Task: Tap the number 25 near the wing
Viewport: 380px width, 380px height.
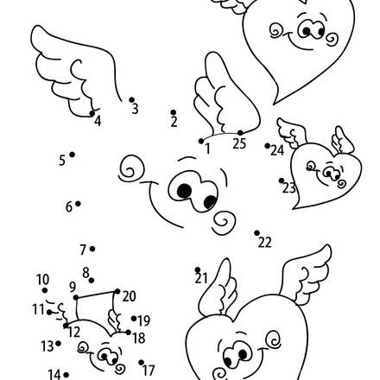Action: click(239, 144)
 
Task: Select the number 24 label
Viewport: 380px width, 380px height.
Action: click(277, 150)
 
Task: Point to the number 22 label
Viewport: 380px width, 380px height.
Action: click(264, 243)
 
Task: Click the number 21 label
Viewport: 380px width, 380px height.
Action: click(201, 277)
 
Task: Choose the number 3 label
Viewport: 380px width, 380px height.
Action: click(134, 108)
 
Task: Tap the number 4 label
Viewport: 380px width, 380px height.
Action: click(97, 122)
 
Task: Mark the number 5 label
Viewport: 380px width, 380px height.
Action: click(62, 160)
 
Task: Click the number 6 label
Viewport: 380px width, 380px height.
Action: click(68, 206)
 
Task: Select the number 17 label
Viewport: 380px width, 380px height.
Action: click(149, 369)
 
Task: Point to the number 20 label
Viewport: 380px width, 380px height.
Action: click(129, 296)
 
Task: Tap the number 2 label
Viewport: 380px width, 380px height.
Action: click(174, 122)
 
